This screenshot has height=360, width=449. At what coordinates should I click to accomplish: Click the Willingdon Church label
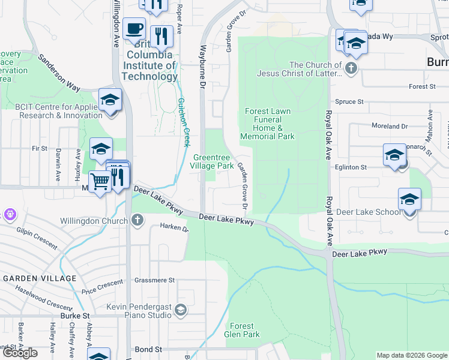(94, 221)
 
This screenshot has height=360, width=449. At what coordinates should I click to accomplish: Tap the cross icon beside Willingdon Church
(137, 220)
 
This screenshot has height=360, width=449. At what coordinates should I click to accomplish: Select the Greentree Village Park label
(213, 161)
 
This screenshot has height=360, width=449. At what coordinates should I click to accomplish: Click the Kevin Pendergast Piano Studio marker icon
(181, 310)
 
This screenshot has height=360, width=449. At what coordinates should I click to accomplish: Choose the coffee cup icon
(134, 28)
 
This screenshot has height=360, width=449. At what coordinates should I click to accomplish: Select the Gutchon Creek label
(183, 123)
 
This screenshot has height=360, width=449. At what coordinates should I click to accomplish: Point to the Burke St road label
(74, 315)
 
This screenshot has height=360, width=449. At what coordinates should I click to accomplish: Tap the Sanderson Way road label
(59, 73)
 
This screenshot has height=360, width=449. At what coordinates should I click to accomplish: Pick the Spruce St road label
(350, 102)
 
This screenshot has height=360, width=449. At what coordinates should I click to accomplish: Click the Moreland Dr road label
(390, 127)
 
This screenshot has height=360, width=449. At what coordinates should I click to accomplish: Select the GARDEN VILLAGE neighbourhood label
(40, 278)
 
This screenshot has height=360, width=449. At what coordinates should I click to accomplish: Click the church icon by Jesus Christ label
(351, 68)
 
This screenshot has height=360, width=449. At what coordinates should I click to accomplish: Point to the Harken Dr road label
(175, 228)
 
